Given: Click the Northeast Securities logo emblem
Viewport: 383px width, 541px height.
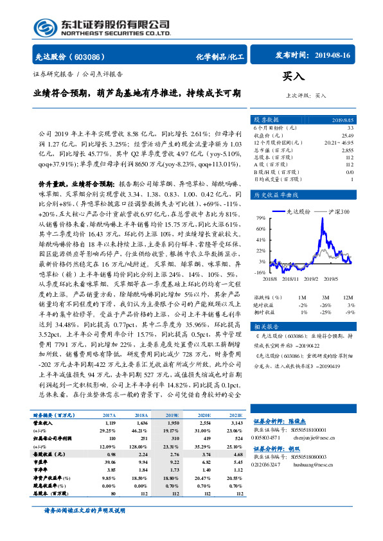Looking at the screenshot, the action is [44, 27].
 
